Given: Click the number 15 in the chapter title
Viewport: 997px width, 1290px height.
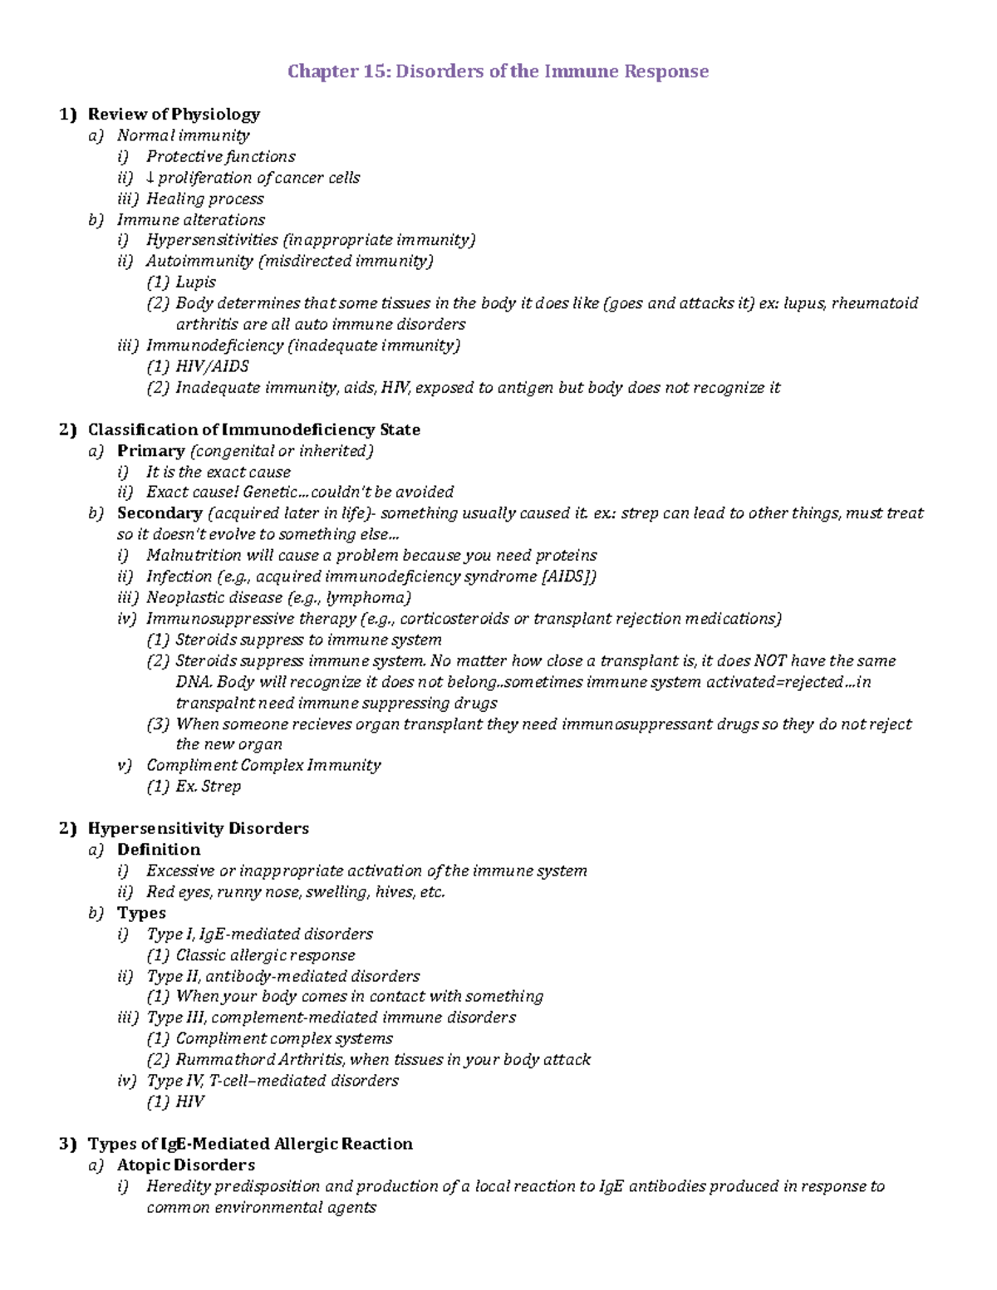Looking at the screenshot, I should (372, 71).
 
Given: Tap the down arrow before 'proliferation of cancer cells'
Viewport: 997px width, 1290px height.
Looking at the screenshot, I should (150, 178).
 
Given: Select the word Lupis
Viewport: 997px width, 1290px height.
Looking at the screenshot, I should (196, 282).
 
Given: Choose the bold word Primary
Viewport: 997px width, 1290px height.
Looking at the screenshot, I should (150, 450).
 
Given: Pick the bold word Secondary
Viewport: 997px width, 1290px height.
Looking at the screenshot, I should (160, 513).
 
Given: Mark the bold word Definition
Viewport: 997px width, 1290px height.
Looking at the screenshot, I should (159, 849).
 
